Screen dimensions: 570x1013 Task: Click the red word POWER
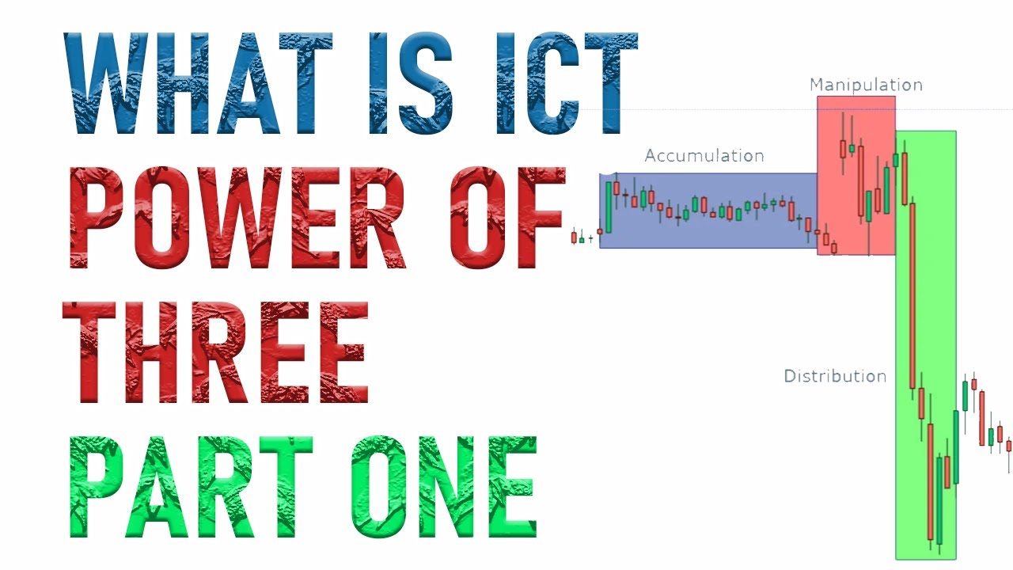[237, 218]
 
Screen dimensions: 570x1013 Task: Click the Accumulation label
[704, 156]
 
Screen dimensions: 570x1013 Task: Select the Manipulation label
[866, 85]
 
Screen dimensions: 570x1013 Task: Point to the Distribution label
[835, 376]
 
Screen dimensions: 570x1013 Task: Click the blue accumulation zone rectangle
[712, 230]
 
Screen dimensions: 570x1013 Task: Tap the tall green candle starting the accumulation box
[609, 207]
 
